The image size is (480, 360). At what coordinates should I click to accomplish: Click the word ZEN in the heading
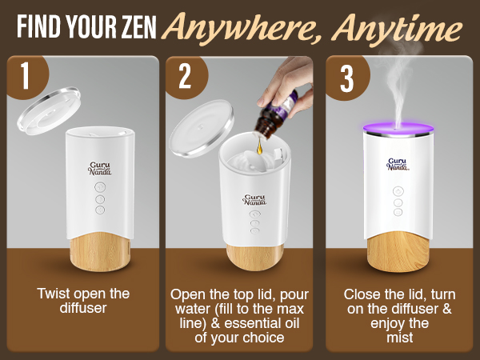pyautogui.click(x=133, y=29)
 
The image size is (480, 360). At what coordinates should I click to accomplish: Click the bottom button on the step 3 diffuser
pyautogui.click(x=397, y=213)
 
